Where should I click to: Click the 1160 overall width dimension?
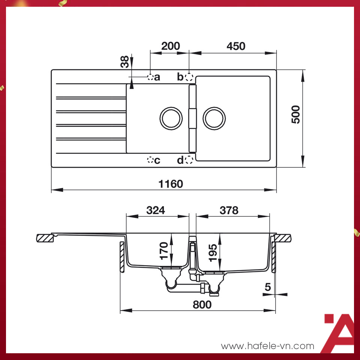tap(171, 184)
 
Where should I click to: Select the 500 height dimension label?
tap(295, 115)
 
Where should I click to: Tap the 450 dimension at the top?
tap(236, 46)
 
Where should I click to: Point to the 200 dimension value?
tap(170, 46)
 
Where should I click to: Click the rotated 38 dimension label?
tap(125, 61)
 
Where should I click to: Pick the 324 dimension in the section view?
tap(155, 210)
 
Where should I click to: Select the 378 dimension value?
tap(229, 210)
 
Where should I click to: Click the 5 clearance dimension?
tap(267, 287)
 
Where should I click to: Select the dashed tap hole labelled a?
tap(150, 77)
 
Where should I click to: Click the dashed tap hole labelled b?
tap(189, 77)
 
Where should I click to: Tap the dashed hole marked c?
tap(150, 160)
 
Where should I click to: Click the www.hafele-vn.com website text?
tap(267, 346)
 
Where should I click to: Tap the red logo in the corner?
tap(339, 333)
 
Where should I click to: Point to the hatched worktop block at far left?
tap(46, 238)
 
